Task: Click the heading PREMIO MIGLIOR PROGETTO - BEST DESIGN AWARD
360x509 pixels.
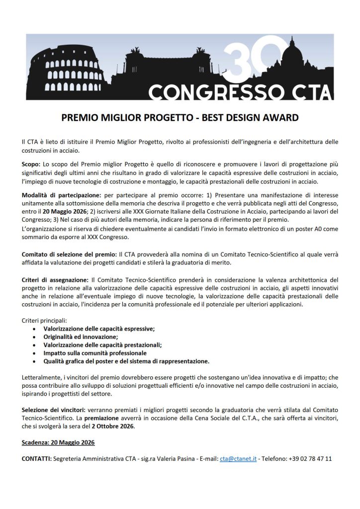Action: coord(180,118)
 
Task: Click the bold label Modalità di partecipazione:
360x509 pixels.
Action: coord(61,195)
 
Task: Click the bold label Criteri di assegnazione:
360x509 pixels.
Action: coord(55,280)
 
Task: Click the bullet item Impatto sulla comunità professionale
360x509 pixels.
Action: coord(94,352)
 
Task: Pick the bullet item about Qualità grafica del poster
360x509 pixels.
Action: coord(126,361)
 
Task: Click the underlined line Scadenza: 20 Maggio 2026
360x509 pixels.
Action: coord(58,442)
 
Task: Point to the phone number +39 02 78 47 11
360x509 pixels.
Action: coord(311,458)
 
